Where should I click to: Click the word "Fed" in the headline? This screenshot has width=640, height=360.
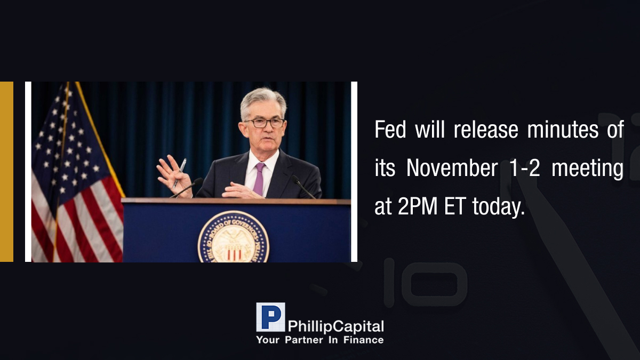(x=390, y=130)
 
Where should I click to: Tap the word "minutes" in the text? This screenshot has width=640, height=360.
(x=563, y=130)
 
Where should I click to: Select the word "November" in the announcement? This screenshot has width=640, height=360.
(x=452, y=168)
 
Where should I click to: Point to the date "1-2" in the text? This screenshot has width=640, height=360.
(x=525, y=168)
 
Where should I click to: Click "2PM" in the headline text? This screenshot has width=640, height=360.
(x=418, y=206)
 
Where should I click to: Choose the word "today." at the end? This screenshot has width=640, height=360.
(x=499, y=207)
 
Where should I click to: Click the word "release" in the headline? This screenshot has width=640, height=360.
(x=486, y=130)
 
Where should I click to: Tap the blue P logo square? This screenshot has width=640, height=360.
(x=270, y=317)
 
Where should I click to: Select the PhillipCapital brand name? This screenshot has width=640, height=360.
(x=335, y=326)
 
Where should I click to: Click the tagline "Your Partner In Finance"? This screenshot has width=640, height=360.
(x=320, y=340)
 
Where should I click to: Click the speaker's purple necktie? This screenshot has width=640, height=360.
(x=259, y=179)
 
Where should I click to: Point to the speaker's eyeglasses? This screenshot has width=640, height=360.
(x=265, y=123)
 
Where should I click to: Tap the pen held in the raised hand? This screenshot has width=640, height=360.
(x=179, y=173)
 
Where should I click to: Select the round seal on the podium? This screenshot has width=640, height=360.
(x=234, y=237)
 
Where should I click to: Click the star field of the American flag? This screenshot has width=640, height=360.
(x=66, y=140)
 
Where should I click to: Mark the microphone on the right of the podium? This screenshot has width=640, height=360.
(x=303, y=186)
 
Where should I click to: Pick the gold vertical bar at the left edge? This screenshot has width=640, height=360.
(x=6, y=172)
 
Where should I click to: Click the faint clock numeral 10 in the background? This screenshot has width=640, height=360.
(x=426, y=282)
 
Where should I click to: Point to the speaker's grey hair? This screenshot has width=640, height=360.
(x=263, y=101)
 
